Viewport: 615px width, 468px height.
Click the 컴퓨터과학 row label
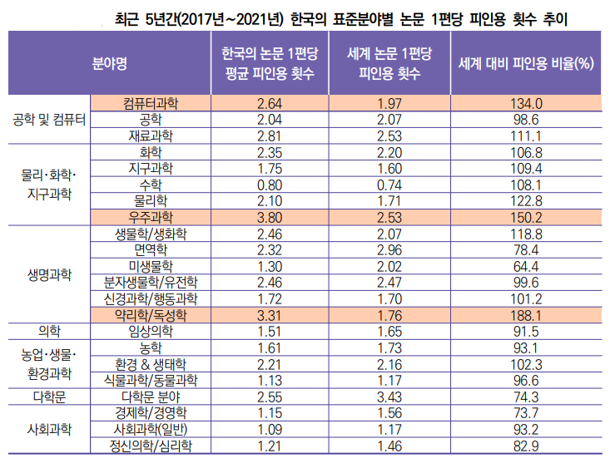pyautogui.click(x=151, y=103)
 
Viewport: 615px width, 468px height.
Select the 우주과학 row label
pyautogui.click(x=151, y=217)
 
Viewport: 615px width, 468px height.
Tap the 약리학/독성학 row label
pyautogui.click(x=151, y=315)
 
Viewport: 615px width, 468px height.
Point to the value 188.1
pyautogui.click(x=526, y=315)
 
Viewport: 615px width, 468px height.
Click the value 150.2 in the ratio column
pyautogui.click(x=526, y=217)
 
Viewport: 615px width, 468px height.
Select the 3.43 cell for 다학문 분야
pyautogui.click(x=389, y=397)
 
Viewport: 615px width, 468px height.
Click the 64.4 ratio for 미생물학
pyautogui.click(x=526, y=266)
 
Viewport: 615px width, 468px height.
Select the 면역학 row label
pyautogui.click(x=151, y=249)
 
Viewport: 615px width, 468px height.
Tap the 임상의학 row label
pyautogui.click(x=151, y=332)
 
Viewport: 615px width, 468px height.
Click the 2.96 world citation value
pyautogui.click(x=389, y=249)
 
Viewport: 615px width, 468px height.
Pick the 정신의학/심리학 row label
pyautogui.click(x=151, y=446)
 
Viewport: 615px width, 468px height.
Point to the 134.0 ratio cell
pyautogui.click(x=526, y=103)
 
